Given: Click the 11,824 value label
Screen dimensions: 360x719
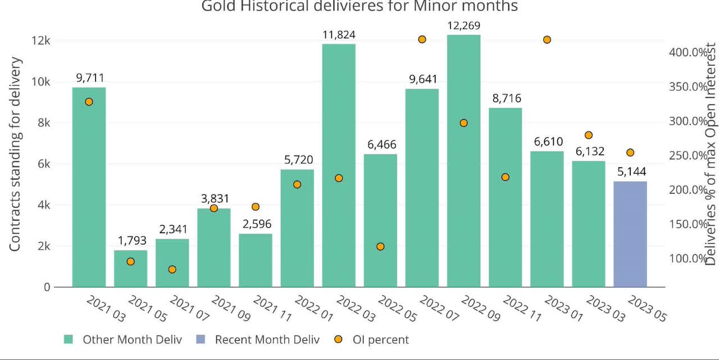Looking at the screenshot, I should (339, 35).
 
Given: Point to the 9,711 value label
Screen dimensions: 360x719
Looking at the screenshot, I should (89, 78).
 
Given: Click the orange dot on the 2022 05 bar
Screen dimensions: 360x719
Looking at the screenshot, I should (380, 247).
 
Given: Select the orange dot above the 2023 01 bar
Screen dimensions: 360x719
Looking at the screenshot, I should (547, 40).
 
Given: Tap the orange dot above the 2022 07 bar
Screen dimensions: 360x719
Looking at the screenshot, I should (422, 39).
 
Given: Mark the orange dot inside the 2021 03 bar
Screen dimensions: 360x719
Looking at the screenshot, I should (89, 102).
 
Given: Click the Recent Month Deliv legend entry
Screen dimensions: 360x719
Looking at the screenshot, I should (267, 339).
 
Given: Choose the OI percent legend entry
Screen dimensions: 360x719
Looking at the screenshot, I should (380, 339).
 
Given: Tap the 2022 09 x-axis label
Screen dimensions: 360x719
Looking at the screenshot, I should (480, 308).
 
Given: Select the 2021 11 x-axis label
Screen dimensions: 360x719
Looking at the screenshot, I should (272, 308).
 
